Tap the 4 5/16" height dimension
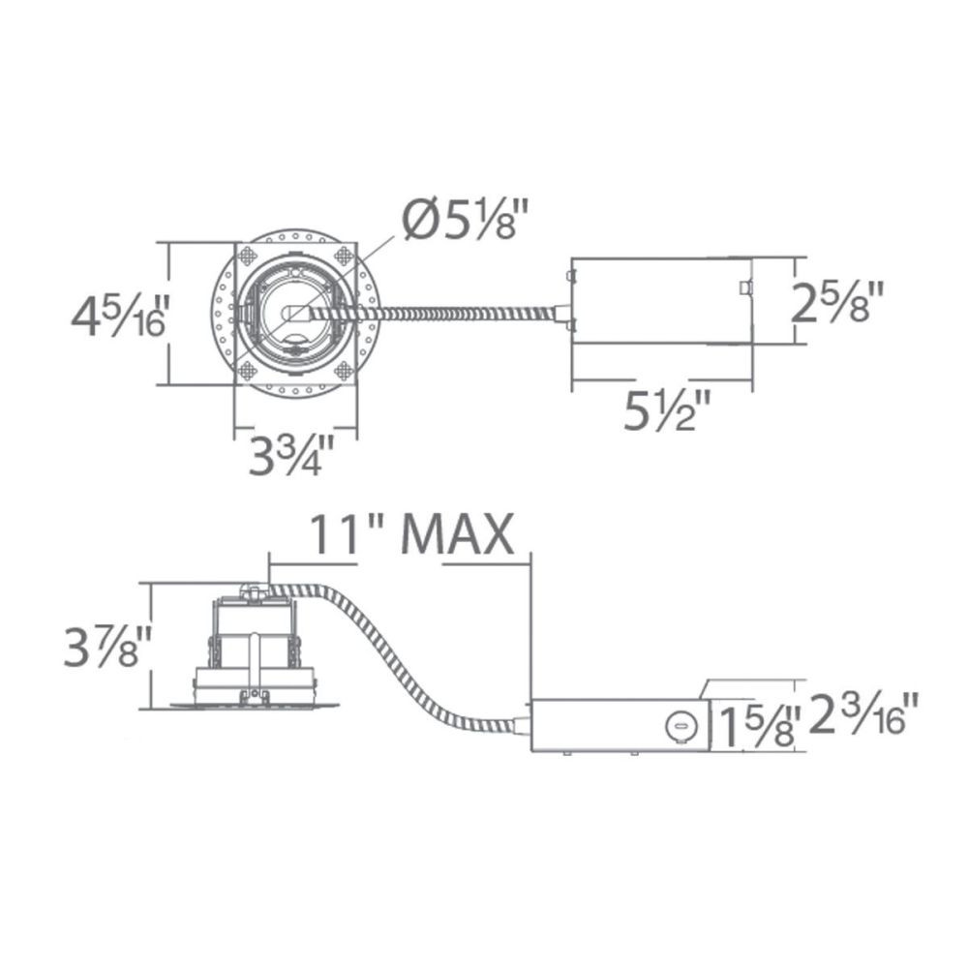pyautogui.click(x=118, y=317)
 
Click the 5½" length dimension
pyautogui.click(x=667, y=411)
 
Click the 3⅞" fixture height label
pyautogui.click(x=107, y=646)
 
